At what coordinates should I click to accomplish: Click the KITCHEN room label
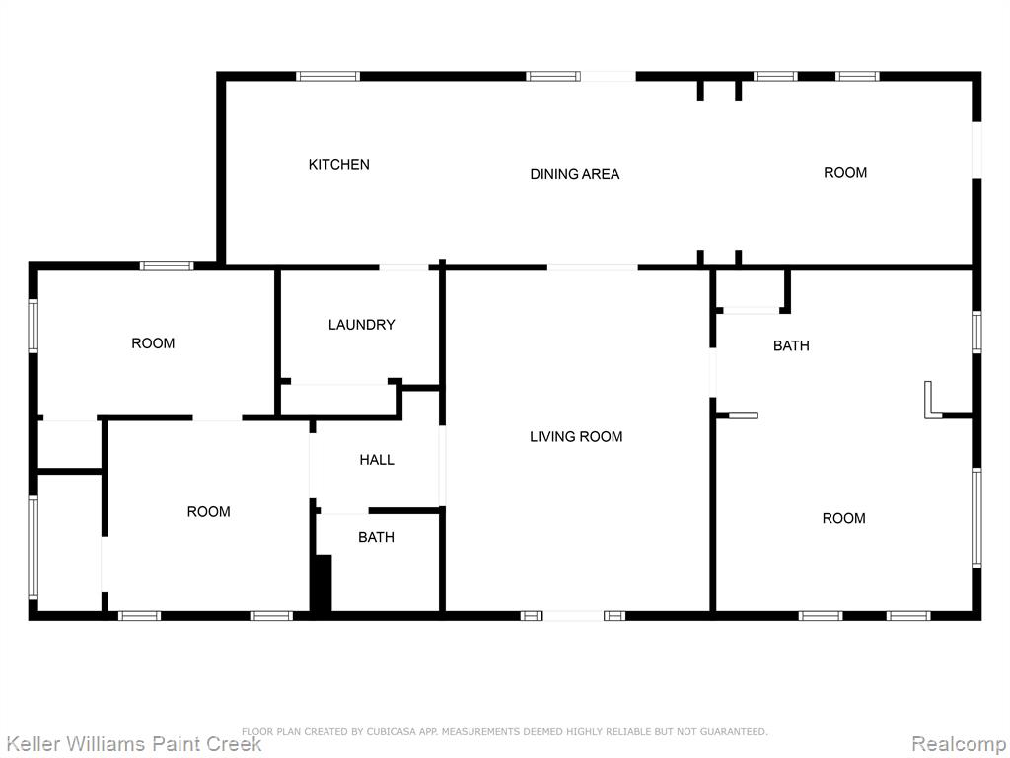[339, 165]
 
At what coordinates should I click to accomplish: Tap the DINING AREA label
[575, 174]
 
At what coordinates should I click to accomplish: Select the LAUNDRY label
[361, 324]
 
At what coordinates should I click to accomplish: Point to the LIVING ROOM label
[576, 437]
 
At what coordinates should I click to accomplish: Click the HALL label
[377, 460]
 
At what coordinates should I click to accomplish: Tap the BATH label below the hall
[376, 537]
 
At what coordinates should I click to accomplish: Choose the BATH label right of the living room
[791, 346]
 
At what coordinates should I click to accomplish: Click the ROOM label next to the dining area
[845, 172]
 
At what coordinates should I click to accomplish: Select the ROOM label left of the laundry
[153, 343]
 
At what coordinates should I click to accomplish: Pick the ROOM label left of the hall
[209, 512]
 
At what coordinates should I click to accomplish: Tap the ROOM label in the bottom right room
[844, 518]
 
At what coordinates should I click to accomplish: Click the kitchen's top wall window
[327, 76]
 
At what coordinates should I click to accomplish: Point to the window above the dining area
[552, 76]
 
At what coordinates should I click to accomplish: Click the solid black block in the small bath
[323, 582]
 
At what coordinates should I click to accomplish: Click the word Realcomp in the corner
[959, 744]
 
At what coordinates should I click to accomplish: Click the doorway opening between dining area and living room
[593, 266]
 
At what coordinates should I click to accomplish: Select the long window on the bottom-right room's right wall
[976, 517]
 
